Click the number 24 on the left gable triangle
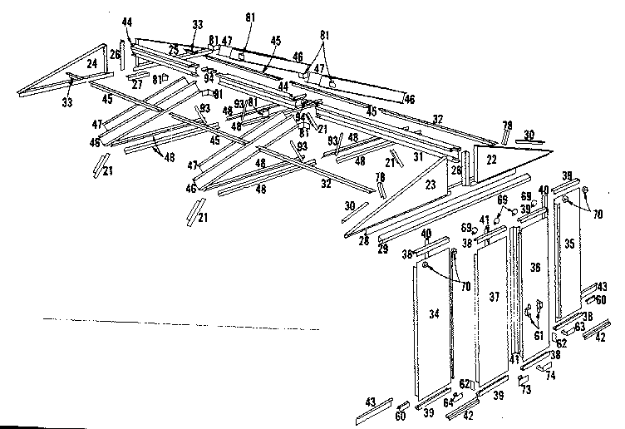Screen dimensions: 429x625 [91, 62]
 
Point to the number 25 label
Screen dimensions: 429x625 [174, 51]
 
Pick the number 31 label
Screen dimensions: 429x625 [420, 155]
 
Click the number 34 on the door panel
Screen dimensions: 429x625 [433, 313]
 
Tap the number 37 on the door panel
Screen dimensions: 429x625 [494, 296]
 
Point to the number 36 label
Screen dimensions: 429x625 [534, 269]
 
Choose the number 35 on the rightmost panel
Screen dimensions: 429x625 [568, 244]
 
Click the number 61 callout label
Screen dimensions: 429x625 [539, 335]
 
